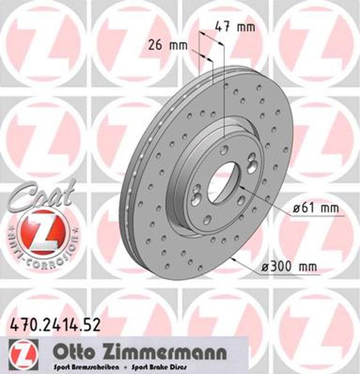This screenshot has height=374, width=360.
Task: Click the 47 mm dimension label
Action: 235,27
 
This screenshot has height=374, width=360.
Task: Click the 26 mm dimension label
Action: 167,46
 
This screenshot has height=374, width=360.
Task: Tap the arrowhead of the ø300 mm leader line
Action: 233,259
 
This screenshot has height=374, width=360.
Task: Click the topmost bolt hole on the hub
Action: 224,150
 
